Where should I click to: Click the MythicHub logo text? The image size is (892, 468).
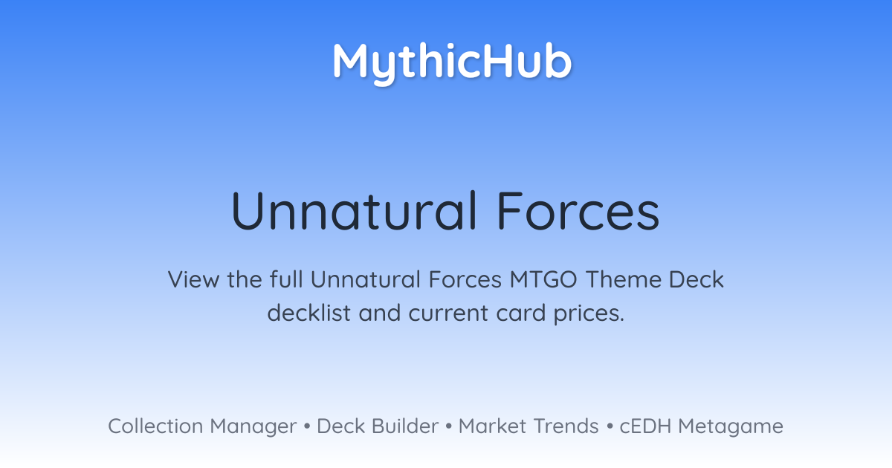[453, 63]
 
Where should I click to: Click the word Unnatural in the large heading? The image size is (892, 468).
[354, 210]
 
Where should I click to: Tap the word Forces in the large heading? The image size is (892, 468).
[578, 210]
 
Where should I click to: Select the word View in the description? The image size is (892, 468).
[193, 279]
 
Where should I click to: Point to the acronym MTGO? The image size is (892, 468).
[543, 279]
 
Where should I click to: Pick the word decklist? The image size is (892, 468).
[309, 313]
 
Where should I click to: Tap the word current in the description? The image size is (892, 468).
[448, 313]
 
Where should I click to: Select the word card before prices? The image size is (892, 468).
[520, 313]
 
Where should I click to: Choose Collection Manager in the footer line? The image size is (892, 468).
[202, 426]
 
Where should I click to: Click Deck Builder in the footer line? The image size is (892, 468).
[378, 426]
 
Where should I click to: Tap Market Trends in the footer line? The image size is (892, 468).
[529, 426]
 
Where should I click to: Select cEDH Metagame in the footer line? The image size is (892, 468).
[701, 426]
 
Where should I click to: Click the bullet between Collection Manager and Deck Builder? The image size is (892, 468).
[306, 426]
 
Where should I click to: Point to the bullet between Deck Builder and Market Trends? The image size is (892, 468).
[449, 426]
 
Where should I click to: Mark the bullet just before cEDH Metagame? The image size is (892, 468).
[610, 426]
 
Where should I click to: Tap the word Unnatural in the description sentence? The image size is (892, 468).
[366, 279]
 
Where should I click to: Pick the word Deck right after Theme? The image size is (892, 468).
[697, 279]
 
